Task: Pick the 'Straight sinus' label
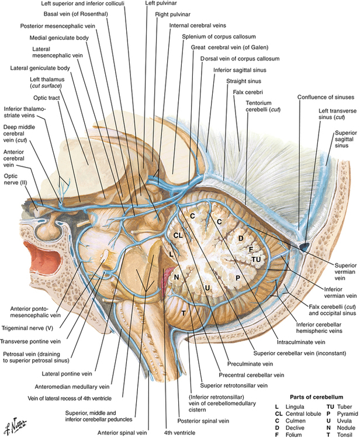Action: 244,80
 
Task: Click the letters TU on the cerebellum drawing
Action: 255,258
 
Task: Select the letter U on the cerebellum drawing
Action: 207,287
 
